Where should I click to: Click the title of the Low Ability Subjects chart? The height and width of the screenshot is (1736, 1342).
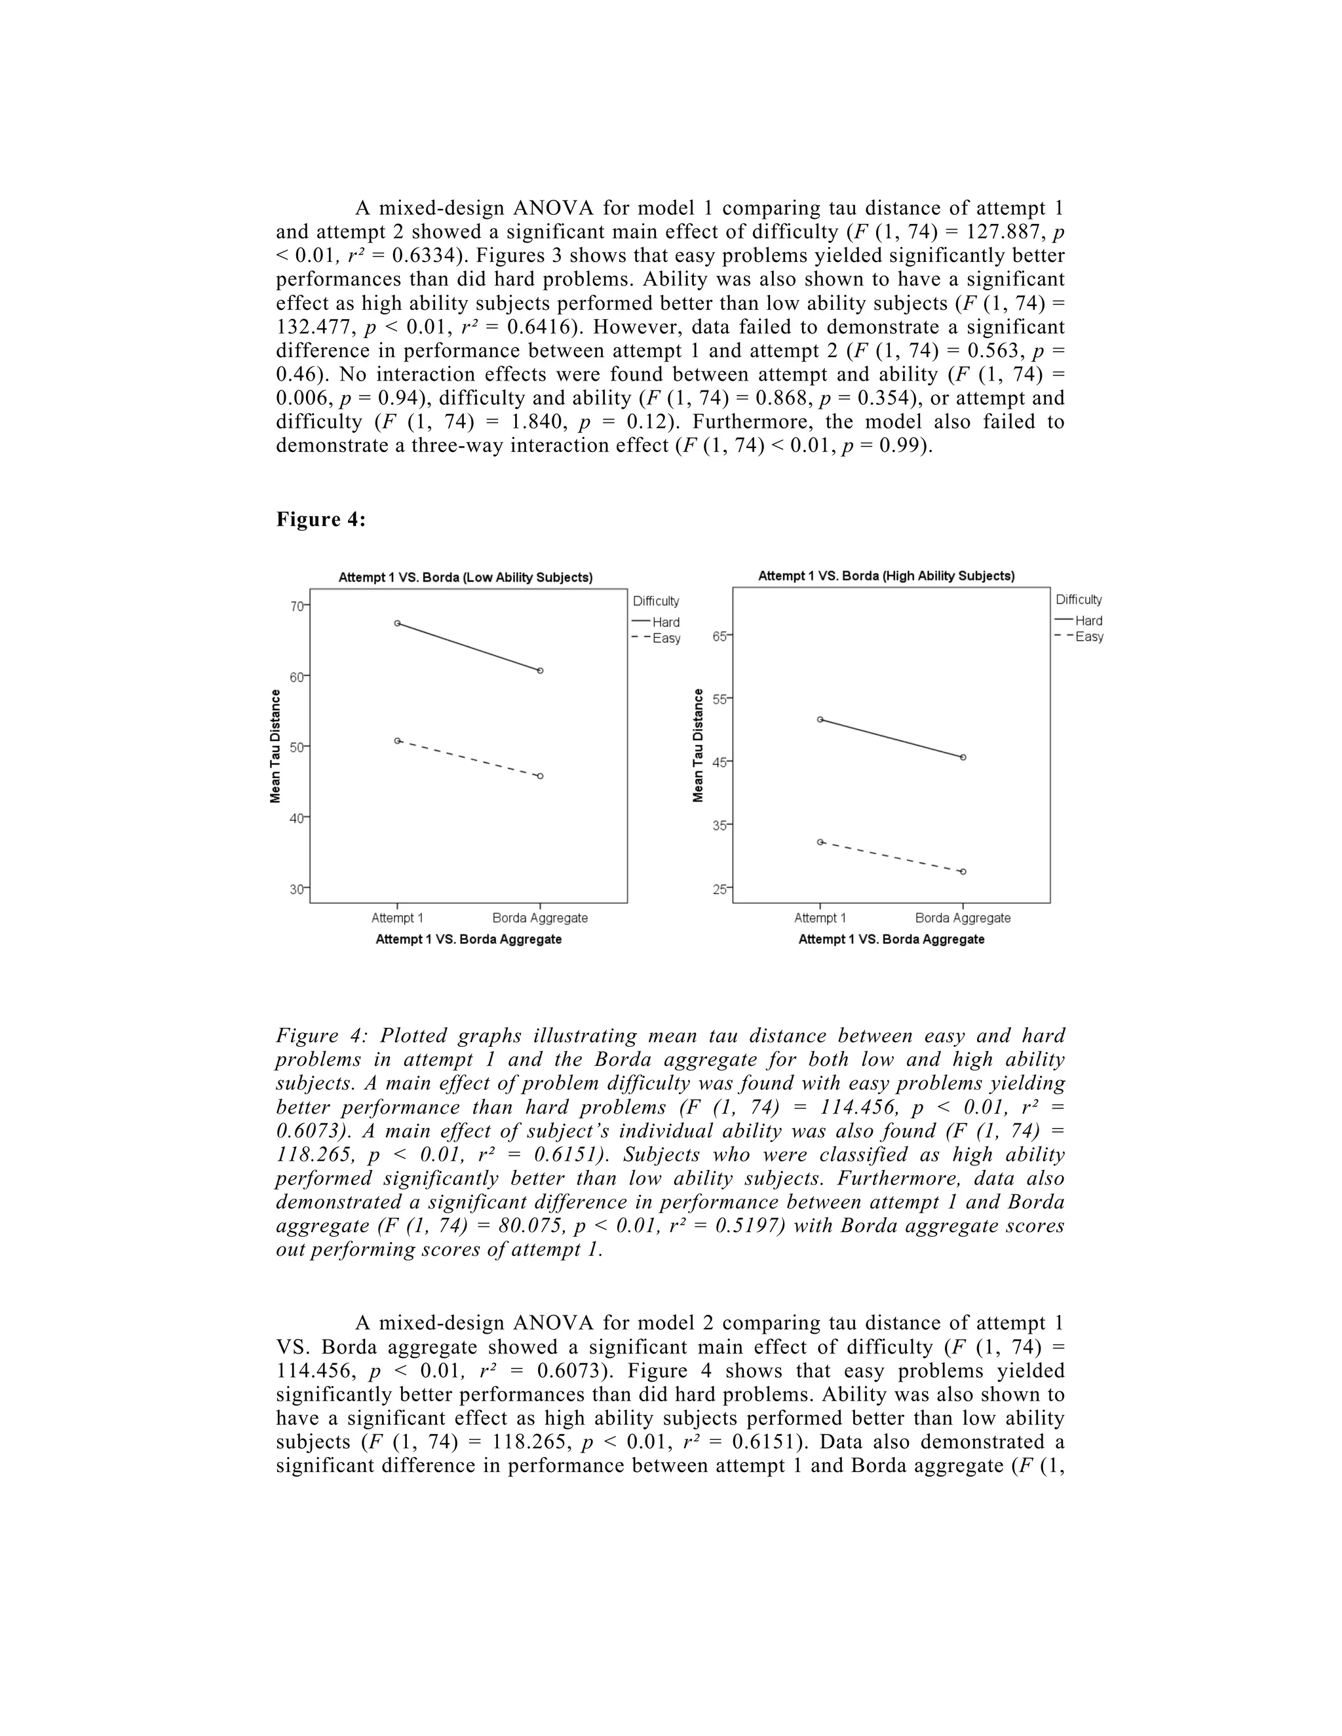pyautogui.click(x=465, y=578)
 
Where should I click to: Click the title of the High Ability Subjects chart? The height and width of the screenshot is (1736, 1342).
pyautogui.click(x=886, y=575)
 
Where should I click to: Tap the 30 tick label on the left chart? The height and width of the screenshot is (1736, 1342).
pyautogui.click(x=297, y=889)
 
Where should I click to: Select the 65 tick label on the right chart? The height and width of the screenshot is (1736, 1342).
pyautogui.click(x=719, y=636)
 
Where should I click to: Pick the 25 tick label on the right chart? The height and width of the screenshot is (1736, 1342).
pyautogui.click(x=719, y=889)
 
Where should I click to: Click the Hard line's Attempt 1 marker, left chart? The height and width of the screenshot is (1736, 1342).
pyautogui.click(x=398, y=623)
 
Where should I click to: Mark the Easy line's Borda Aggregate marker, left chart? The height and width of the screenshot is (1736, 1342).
pyautogui.click(x=541, y=776)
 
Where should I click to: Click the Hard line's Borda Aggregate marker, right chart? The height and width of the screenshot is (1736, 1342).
pyautogui.click(x=963, y=757)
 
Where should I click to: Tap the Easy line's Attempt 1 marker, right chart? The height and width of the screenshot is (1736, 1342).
pyautogui.click(x=820, y=842)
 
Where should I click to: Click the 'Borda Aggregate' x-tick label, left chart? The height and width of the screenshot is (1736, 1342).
pyautogui.click(x=540, y=918)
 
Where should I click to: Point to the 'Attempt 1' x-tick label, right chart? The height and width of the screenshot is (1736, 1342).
pyautogui.click(x=820, y=918)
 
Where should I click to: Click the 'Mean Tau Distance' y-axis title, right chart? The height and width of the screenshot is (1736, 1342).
pyautogui.click(x=698, y=745)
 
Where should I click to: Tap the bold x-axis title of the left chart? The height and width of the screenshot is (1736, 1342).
pyautogui.click(x=469, y=939)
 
